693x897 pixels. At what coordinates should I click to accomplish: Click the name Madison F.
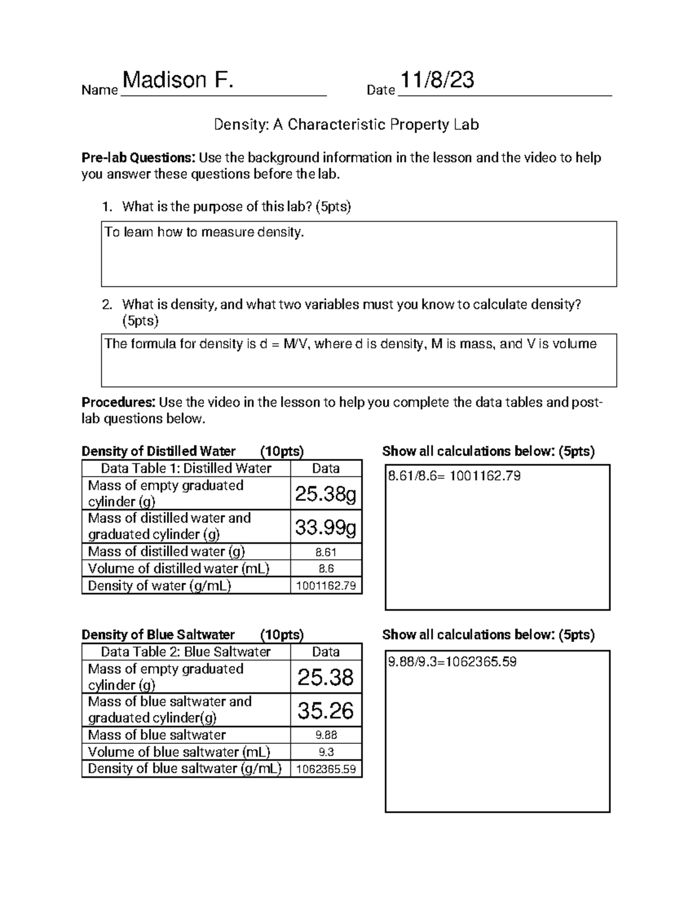(178, 80)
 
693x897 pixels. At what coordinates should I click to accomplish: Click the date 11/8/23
(437, 80)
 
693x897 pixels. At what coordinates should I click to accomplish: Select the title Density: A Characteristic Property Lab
(346, 124)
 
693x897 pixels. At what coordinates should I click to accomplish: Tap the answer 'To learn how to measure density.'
(204, 232)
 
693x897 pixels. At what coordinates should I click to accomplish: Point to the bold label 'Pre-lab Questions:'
(139, 158)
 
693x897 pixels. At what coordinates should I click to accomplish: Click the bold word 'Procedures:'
(118, 402)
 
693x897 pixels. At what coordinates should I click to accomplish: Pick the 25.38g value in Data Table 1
(326, 493)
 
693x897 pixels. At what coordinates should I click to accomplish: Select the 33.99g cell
(326, 526)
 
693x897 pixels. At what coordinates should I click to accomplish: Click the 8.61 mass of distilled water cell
(326, 552)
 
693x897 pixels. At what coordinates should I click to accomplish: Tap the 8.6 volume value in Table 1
(326, 568)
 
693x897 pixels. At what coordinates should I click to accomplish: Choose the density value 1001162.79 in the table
(326, 586)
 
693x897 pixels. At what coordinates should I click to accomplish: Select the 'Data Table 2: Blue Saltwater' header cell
(185, 652)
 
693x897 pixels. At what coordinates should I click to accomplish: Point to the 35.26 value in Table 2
(326, 710)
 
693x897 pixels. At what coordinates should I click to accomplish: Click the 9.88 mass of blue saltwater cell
(326, 735)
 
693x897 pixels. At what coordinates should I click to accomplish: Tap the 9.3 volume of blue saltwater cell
(326, 752)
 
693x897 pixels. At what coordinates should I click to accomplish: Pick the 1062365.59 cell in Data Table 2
(326, 769)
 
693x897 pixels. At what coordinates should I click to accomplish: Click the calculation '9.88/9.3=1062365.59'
(452, 661)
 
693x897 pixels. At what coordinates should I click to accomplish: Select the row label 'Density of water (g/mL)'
(159, 586)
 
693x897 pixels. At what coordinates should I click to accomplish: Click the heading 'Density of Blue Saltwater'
(158, 635)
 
